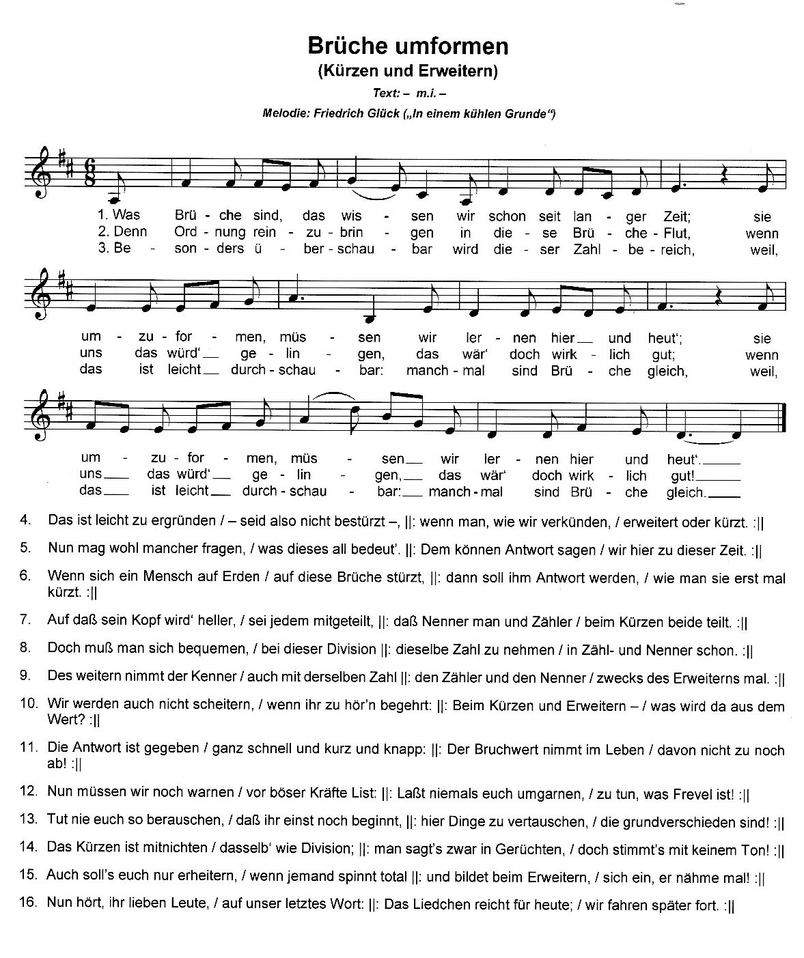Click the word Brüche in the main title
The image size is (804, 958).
point(348,46)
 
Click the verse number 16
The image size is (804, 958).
point(27,902)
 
